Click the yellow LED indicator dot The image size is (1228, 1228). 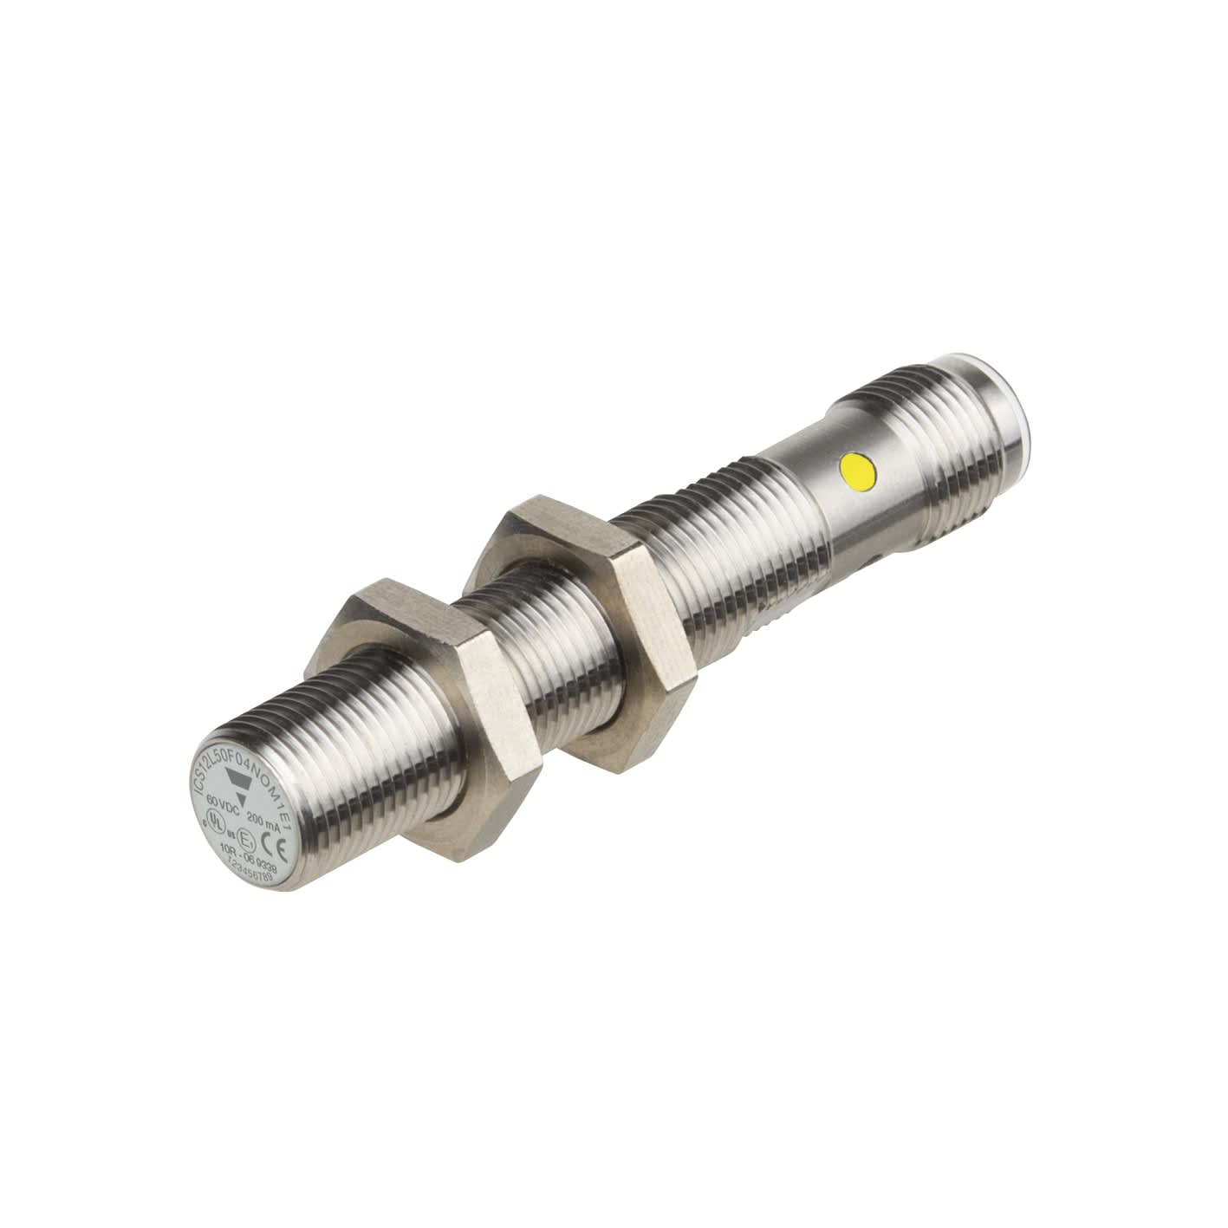[859, 472]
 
